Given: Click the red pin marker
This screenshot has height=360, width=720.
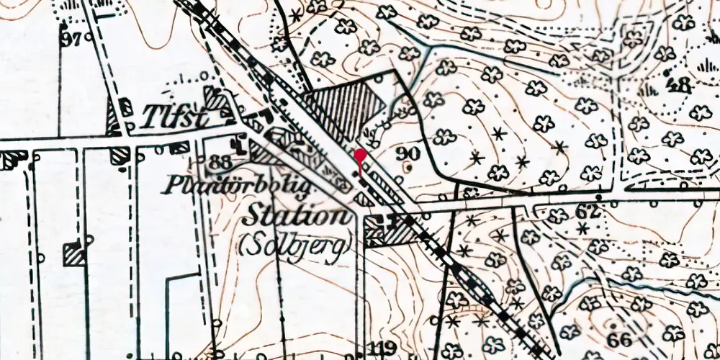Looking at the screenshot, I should coord(360,155).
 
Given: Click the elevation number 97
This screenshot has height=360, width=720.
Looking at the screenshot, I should coord(71,39).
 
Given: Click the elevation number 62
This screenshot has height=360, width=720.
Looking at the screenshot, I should coord(588,211).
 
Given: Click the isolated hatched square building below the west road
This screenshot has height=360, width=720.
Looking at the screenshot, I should coord(74,254).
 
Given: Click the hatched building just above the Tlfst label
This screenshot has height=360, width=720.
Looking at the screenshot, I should coord(215,97).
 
